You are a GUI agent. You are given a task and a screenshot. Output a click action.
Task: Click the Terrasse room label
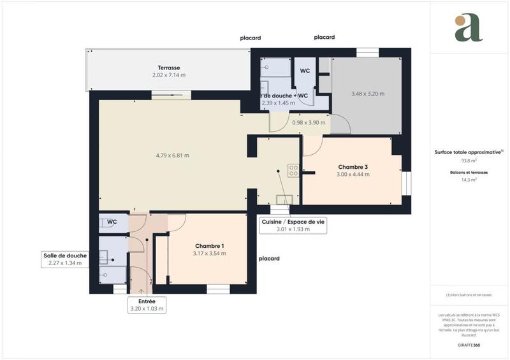(169, 68)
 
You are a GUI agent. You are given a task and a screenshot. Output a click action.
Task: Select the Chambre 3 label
(353, 167)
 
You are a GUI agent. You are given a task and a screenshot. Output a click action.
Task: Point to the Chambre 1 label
(209, 246)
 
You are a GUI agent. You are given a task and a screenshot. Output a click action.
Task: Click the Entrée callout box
(147, 305)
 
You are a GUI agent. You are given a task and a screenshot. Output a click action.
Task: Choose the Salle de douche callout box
(65, 259)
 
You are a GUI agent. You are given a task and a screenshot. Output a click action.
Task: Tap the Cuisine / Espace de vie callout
(293, 226)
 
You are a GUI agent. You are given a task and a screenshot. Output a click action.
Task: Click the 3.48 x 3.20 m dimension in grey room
(368, 94)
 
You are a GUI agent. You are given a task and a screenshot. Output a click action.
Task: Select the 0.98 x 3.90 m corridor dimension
(309, 123)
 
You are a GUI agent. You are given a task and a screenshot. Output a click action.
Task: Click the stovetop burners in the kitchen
(294, 170)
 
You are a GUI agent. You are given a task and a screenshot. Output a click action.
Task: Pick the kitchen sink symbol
(285, 199)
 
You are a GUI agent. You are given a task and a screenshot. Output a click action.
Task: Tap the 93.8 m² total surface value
(469, 161)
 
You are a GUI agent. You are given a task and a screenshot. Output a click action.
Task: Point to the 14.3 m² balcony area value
(469, 180)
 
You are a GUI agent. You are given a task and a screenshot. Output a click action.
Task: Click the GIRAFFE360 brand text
(469, 343)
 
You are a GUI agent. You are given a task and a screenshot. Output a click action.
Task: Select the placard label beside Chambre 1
(269, 259)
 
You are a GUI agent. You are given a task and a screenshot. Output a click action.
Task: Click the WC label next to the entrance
(112, 222)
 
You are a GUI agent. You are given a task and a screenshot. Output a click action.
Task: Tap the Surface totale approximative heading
(469, 152)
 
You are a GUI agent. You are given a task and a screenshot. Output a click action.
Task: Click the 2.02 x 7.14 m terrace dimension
(169, 75)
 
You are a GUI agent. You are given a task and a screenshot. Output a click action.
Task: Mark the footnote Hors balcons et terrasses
(469, 295)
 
